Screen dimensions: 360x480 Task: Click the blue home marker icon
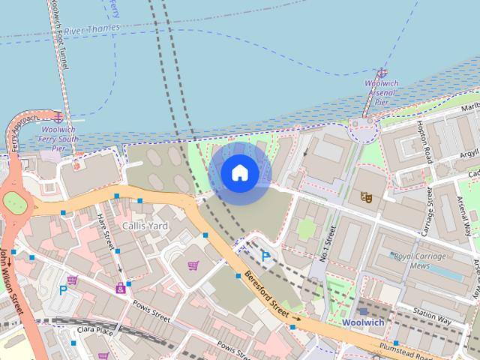pos(239,172)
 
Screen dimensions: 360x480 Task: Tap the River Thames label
pos(91,29)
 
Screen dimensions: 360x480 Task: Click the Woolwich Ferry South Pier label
pos(58,138)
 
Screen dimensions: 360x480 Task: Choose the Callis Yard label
pos(146,225)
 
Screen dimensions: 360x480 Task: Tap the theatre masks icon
pos(367,197)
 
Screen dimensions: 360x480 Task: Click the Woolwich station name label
pos(363,322)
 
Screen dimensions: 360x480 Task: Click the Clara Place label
pos(94,330)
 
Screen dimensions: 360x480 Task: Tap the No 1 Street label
pos(327,244)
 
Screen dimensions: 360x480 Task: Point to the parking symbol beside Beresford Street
pos(265,256)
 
